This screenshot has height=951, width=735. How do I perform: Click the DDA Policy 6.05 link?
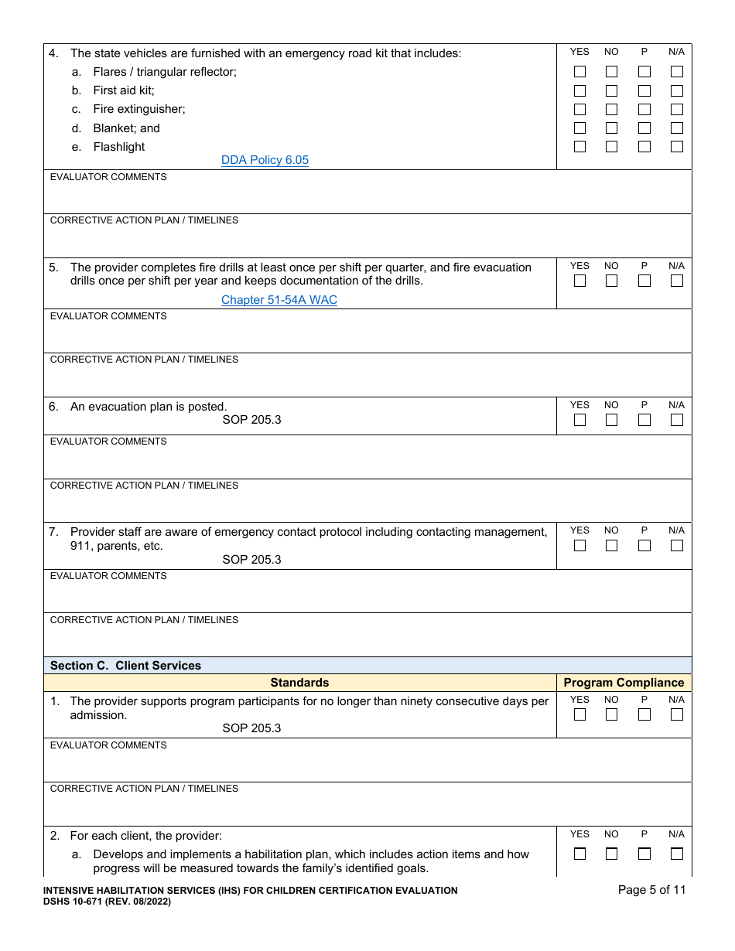[x=265, y=161]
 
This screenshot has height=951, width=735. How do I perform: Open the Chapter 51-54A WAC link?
[x=279, y=300]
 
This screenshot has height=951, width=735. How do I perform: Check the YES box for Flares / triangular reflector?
[x=579, y=72]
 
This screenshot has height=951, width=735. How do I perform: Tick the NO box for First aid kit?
[x=611, y=90]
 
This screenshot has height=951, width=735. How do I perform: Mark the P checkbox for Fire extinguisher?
[x=644, y=109]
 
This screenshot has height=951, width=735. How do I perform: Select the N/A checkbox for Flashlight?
[x=676, y=147]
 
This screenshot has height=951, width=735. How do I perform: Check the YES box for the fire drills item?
[x=579, y=281]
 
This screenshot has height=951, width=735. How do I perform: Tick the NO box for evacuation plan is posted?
[x=611, y=421]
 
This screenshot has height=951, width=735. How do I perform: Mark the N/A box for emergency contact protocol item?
[x=676, y=546]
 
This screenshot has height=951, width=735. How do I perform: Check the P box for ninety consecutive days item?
[x=644, y=715]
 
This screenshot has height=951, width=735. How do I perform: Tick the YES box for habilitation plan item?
[x=579, y=854]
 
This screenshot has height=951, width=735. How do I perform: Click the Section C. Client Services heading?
[x=125, y=666]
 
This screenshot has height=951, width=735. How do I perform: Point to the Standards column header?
[x=299, y=683]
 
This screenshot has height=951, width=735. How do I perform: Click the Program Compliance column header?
[x=624, y=683]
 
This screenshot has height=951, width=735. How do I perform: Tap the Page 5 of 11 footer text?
[x=651, y=890]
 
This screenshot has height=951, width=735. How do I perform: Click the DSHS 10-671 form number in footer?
[x=74, y=902]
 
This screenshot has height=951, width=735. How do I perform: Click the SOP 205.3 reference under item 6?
[x=251, y=421]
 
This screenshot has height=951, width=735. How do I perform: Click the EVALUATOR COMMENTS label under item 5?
[x=108, y=316]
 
